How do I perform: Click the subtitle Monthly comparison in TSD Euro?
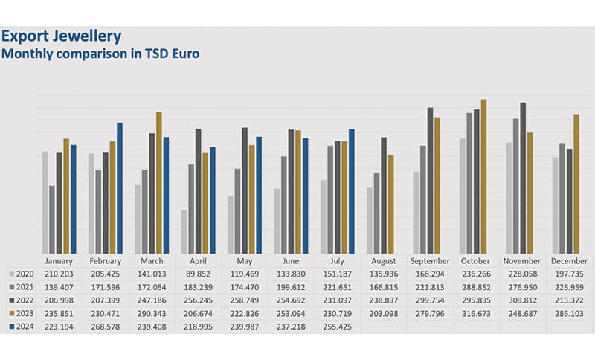pos(101,54)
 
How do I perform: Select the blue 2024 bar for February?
pos(120,188)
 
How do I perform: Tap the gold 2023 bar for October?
pos(484,176)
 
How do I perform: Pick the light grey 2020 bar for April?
pos(184,231)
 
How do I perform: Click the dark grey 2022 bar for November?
pos(523,178)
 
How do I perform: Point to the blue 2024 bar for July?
pos(352,191)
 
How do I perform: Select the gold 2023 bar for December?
pos(576,184)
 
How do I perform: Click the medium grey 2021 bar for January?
pos(51,219)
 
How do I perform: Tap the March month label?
pos(152,261)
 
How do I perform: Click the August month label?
pos(383,261)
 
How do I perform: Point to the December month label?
pos(569,261)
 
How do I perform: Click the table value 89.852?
pos(198,273)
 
